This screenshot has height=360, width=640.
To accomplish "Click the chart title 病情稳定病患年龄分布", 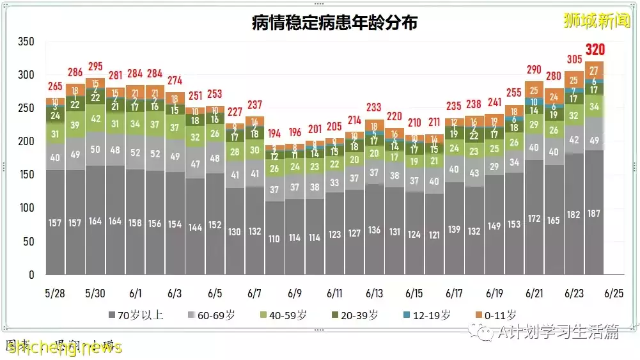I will point(334,24).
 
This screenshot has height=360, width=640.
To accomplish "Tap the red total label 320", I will point(595,50).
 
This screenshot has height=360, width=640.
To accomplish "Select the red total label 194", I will point(274,133).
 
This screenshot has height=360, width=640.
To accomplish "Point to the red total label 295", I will point(95,67).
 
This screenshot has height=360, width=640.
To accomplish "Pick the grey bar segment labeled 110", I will point(274,239).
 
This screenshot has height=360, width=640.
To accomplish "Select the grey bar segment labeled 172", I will point(534,219).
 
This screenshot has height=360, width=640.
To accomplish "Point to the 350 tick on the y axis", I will point(26,42).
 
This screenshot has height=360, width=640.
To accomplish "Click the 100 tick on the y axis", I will point(26,208).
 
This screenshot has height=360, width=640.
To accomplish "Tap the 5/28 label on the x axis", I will point(55,293).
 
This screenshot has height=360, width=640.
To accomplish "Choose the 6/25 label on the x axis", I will point(614,293).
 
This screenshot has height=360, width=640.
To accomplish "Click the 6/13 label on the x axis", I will point(374,293).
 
